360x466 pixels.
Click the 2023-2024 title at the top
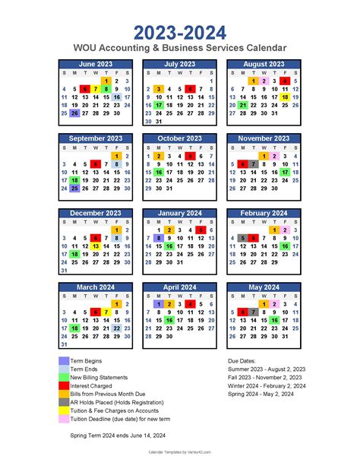180,33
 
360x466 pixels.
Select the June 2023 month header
96,65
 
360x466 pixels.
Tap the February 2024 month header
264,214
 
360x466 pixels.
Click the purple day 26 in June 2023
74,113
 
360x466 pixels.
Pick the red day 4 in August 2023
285,81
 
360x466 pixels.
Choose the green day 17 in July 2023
159,106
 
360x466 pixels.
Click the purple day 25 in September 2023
74,188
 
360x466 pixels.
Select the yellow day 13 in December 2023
96,246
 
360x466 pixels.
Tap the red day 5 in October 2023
191,155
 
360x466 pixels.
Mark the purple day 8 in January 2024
159,238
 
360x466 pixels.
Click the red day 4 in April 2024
191,304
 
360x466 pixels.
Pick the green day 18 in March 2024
74,328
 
